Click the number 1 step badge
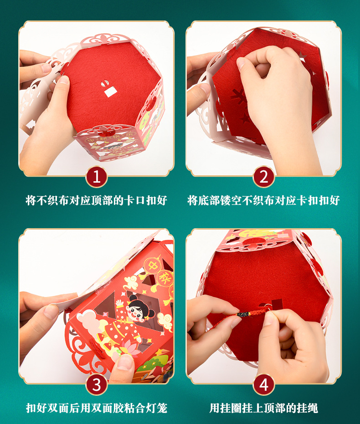pyautogui.click(x=97, y=177)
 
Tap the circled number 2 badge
pyautogui.click(x=263, y=177)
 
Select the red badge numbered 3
pyautogui.click(x=97, y=385)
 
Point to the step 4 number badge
pyautogui.click(x=263, y=385)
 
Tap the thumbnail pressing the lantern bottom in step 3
pyautogui.click(x=124, y=363)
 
